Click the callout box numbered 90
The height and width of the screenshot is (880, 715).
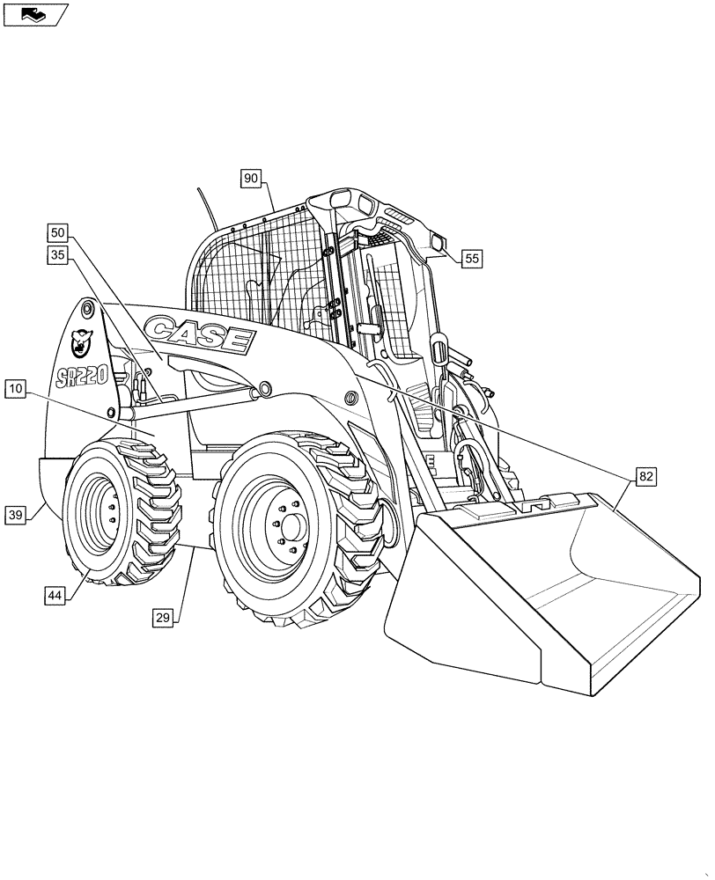[251, 179]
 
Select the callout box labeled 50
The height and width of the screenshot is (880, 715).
[58, 233]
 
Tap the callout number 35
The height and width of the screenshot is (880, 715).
[58, 256]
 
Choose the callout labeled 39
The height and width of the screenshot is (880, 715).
[16, 516]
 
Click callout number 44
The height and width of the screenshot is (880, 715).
[55, 596]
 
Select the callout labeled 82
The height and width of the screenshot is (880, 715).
[646, 477]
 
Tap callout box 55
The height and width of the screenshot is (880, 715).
[472, 259]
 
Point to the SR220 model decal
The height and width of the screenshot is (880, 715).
[81, 377]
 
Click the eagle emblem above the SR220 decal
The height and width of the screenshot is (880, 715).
[82, 339]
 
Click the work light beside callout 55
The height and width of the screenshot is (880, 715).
[438, 242]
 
